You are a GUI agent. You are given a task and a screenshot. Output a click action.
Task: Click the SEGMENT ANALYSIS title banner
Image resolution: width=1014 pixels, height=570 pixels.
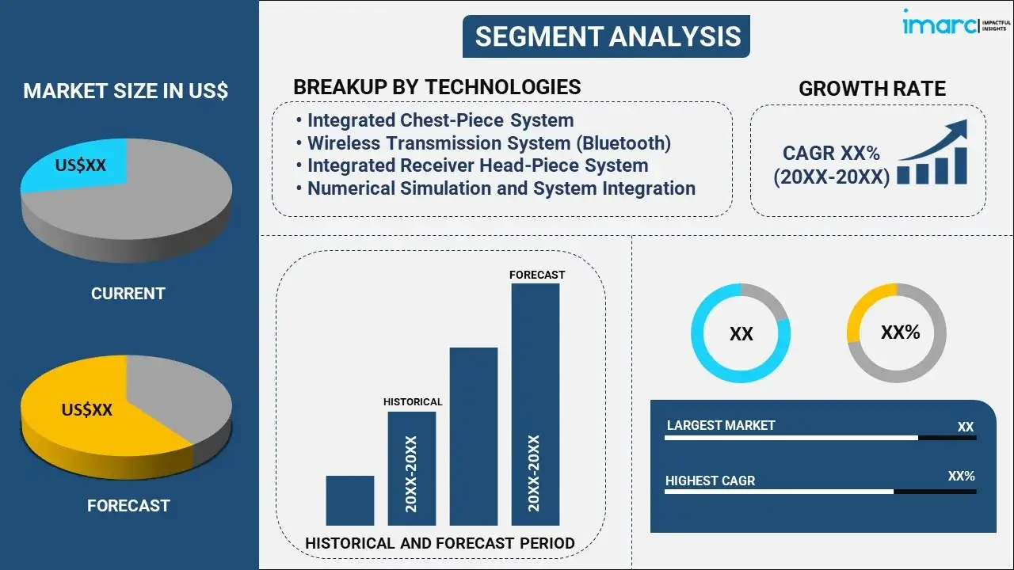pyautogui.click(x=606, y=36)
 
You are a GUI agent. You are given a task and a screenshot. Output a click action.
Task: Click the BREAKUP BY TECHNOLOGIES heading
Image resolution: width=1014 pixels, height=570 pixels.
pyautogui.click(x=436, y=87)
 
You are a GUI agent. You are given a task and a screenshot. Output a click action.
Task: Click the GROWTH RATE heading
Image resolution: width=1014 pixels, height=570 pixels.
pyautogui.click(x=872, y=89)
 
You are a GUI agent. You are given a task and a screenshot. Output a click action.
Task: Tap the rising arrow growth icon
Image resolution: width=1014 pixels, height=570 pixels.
pyautogui.click(x=932, y=152)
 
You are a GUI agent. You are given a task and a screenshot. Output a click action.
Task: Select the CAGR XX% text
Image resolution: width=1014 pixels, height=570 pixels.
pyautogui.click(x=831, y=154)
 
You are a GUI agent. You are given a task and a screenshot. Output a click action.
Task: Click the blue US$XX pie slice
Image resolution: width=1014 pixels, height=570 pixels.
pyautogui.click(x=77, y=165)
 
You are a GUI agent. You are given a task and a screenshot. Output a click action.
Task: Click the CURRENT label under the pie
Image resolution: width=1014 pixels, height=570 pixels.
pyautogui.click(x=128, y=294)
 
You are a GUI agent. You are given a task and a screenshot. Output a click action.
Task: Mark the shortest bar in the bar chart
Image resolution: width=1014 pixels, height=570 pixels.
pyautogui.click(x=350, y=500)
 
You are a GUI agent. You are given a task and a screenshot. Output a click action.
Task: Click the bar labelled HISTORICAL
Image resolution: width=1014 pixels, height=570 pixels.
pyautogui.click(x=412, y=469)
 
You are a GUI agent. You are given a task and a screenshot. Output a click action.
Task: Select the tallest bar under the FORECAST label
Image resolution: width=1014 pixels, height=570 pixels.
pyautogui.click(x=536, y=405)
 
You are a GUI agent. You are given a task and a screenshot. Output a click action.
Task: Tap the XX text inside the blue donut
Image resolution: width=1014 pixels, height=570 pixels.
pyautogui.click(x=741, y=334)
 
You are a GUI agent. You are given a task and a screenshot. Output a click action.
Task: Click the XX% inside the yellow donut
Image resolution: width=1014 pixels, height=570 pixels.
pyautogui.click(x=900, y=332)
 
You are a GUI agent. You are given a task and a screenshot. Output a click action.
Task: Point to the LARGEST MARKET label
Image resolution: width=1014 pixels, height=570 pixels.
pyautogui.click(x=721, y=425)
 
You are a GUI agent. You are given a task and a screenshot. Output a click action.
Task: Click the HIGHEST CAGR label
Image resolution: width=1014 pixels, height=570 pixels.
pyautogui.click(x=711, y=481)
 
